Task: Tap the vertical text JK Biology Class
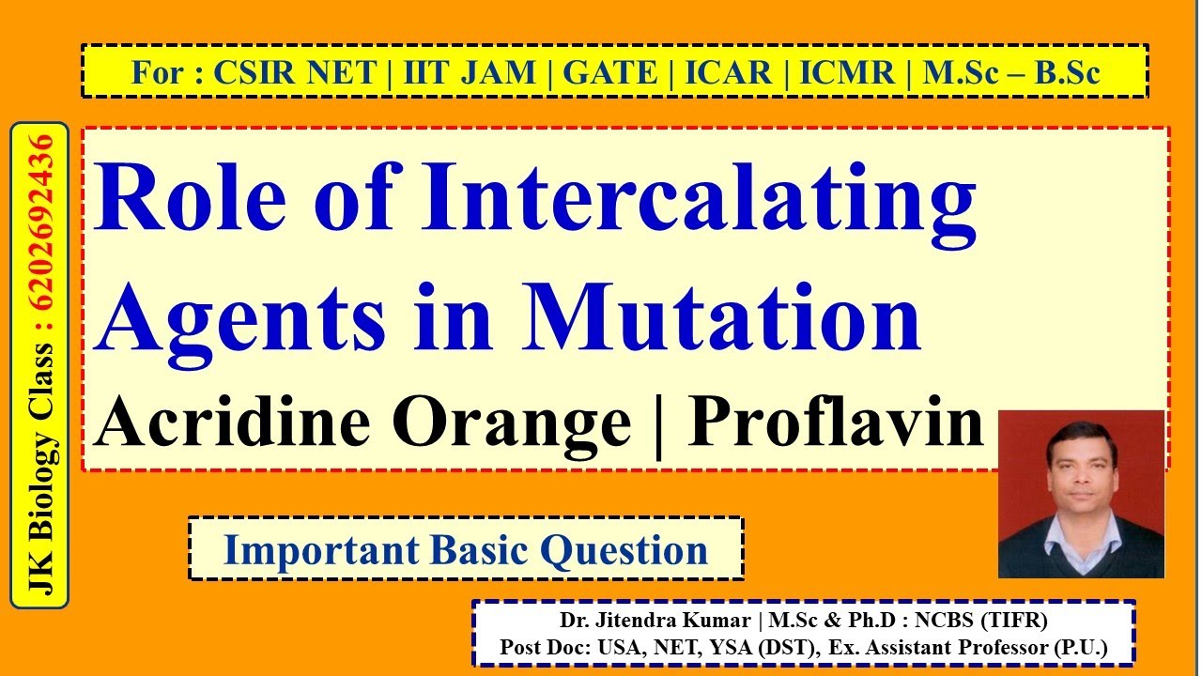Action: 40,469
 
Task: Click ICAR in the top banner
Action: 729,72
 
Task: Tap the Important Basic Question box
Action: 466,549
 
